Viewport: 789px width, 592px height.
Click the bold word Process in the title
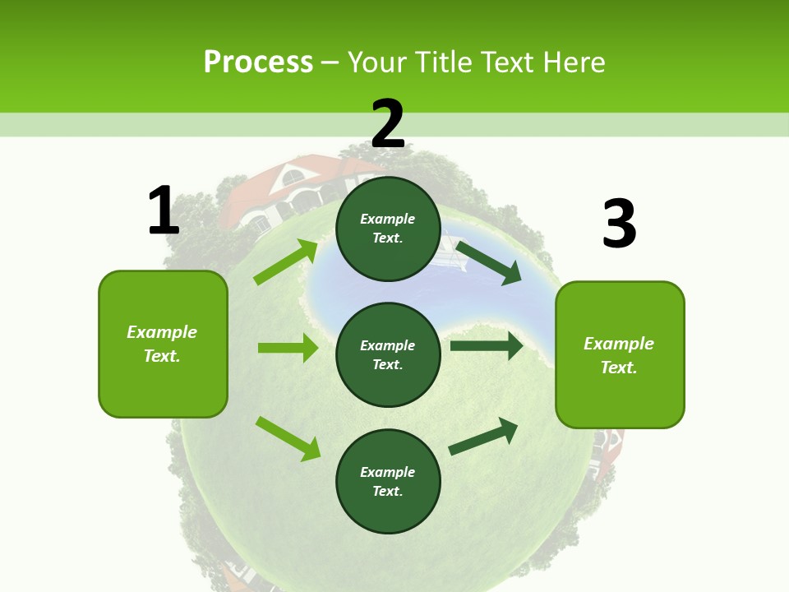point(258,62)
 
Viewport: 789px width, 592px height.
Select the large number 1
point(164,211)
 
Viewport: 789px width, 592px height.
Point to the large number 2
point(388,124)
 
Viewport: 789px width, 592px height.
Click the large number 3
point(619,224)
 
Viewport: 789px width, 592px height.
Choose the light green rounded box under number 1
point(163,344)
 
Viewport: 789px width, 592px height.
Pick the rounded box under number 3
point(620,354)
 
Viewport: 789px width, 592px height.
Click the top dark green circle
point(388,229)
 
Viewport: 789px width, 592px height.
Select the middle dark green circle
point(388,354)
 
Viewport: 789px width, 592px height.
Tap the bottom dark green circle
point(388,481)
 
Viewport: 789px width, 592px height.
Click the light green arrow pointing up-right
point(286,262)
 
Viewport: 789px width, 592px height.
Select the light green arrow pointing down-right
point(288,438)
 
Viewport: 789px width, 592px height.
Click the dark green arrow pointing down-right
point(488,262)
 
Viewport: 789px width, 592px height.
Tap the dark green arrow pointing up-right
point(483,437)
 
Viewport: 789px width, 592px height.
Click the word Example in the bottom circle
point(388,472)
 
